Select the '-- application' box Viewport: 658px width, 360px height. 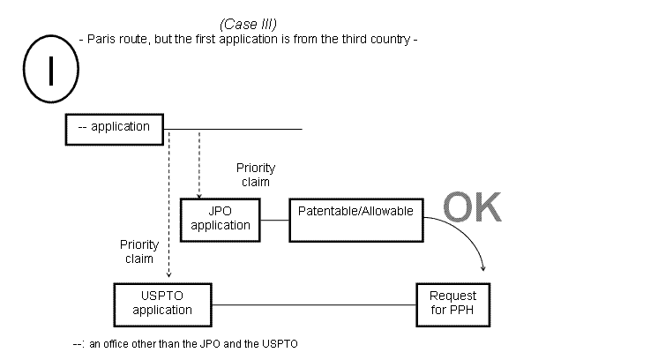(116, 128)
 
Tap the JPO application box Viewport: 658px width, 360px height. (221, 218)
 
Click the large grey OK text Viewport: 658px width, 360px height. (471, 207)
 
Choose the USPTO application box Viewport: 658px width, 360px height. (162, 304)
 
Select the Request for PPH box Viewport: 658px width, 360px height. (452, 304)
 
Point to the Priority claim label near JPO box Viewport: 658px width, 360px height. (255, 175)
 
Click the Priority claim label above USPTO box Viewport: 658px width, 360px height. (139, 251)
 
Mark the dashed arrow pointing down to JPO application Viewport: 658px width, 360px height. (199, 163)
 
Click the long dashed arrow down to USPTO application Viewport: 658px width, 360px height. (168, 203)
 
